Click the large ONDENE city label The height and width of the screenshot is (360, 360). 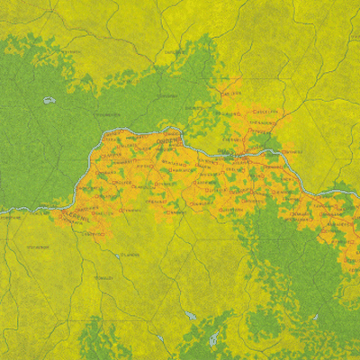pyautogui.click(x=169, y=143)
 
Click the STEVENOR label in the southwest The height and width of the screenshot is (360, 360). pyautogui.click(x=38, y=246)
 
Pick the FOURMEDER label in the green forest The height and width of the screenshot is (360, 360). pyautogui.click(x=108, y=115)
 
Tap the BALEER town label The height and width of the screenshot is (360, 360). pyautogui.click(x=231, y=93)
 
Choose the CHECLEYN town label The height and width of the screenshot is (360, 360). pyautogui.click(x=264, y=111)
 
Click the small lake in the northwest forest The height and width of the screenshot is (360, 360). pyautogui.click(x=49, y=100)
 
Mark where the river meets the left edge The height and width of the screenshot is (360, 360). pyautogui.click(x=2, y=214)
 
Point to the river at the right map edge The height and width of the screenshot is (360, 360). pyautogui.click(x=357, y=189)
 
